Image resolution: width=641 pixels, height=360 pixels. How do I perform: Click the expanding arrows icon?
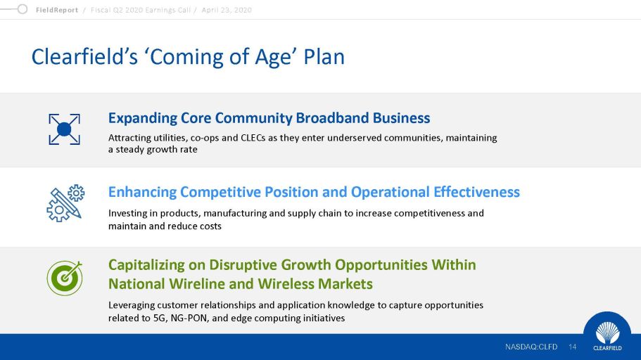point(64,129)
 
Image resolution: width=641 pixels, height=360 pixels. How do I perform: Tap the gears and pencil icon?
point(65,203)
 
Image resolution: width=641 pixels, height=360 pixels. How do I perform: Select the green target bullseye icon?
point(65,278)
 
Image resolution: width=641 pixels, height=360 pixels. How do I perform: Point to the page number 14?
point(572,347)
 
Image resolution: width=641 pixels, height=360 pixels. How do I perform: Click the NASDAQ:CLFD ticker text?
point(531,347)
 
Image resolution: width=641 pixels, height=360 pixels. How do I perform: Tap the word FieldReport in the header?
point(57,10)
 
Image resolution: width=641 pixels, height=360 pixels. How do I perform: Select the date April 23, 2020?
point(227,10)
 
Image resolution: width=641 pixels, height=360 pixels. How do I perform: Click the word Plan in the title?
point(324,56)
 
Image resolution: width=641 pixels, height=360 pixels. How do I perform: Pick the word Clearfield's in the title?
point(84,56)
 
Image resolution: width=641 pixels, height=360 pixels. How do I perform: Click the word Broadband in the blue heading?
point(332,117)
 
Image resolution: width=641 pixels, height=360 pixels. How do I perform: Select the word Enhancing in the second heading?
point(142,193)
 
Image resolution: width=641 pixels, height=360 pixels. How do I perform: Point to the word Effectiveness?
point(476,192)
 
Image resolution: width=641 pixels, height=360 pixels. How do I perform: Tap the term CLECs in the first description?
point(253,138)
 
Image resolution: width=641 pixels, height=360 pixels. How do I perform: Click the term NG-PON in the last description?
point(190,318)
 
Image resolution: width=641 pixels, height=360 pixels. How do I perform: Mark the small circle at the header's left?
point(23,9)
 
